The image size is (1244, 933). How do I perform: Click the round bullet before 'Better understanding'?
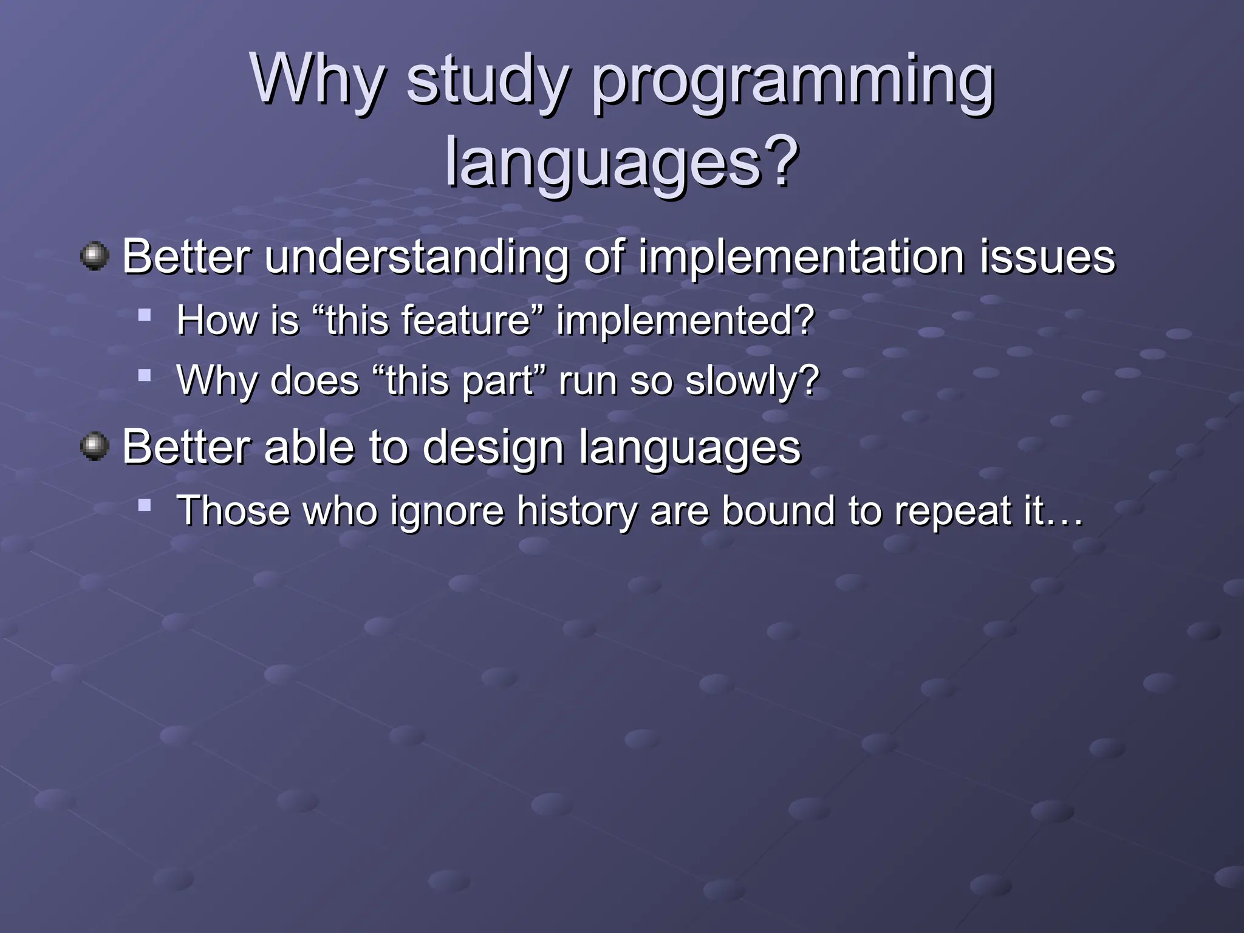95,256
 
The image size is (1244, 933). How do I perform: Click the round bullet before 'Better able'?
95,447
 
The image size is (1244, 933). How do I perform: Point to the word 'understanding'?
417,258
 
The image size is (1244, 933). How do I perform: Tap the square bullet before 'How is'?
144,315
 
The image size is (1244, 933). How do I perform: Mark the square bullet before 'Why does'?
144,375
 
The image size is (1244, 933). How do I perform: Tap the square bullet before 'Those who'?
144,504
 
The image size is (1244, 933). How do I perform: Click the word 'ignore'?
447,510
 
